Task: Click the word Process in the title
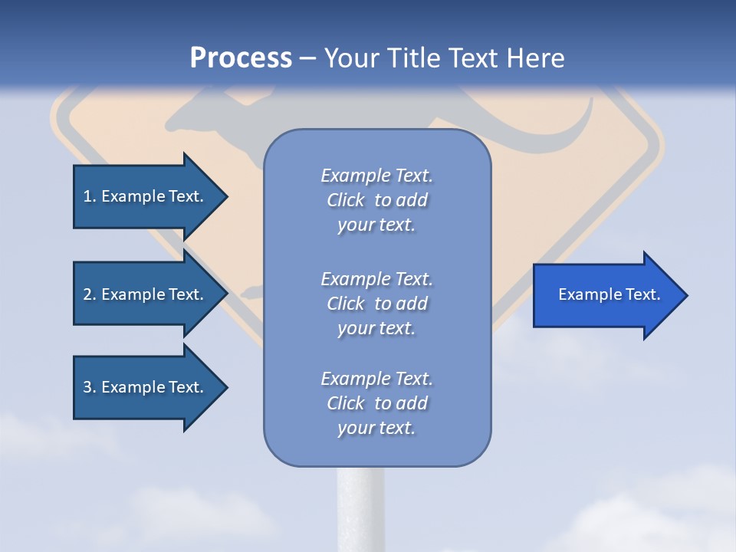coord(241,58)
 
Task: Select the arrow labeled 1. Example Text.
coord(143,196)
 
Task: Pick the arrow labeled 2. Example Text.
coord(143,294)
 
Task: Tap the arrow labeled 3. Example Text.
coord(143,387)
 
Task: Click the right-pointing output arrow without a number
coord(609,295)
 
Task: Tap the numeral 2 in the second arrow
coord(87,294)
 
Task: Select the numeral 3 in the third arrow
coord(87,387)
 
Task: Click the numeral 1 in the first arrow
coord(87,196)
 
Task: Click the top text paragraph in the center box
coord(376,200)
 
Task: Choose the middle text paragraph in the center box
coord(376,304)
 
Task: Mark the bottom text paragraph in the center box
coord(376,403)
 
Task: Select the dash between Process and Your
coord(307,59)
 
